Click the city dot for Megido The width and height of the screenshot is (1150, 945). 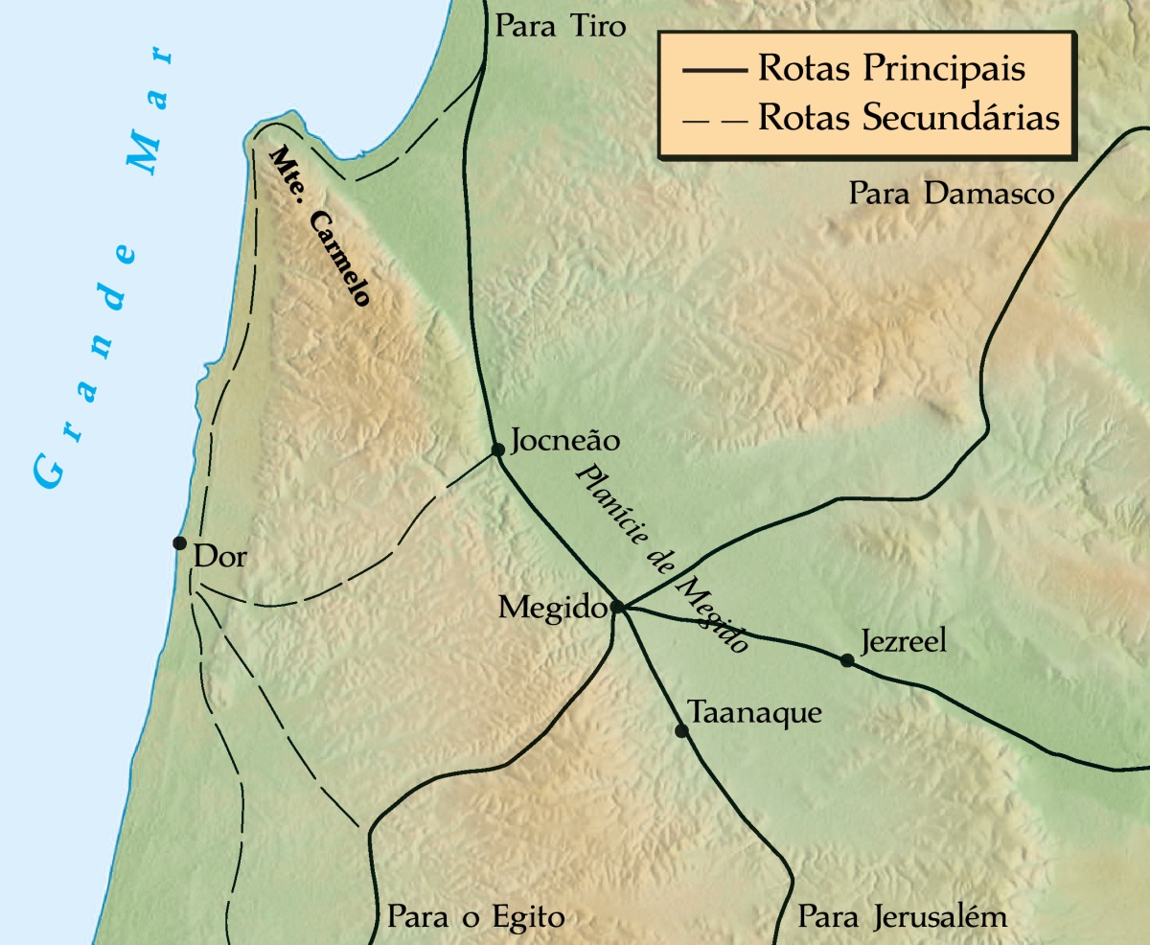617,607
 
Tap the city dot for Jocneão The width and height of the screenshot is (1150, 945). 497,449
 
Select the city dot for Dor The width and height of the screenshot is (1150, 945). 179,542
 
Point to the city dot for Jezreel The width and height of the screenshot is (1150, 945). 846,659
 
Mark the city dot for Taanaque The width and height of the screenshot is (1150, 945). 681,730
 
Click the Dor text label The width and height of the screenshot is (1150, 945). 219,557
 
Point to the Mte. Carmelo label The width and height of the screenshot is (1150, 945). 319,226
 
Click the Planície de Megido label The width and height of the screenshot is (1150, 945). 660,560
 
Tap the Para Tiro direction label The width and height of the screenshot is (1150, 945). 560,27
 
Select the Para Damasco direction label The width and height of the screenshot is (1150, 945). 951,195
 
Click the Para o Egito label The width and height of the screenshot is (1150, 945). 475,916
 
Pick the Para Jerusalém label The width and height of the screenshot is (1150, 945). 903,916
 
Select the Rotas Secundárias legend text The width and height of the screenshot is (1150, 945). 908,118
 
